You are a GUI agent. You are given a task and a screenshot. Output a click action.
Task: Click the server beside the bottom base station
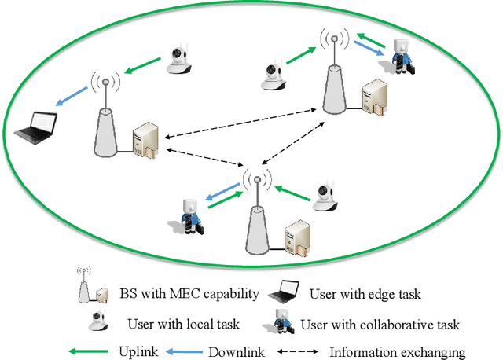point(297,237)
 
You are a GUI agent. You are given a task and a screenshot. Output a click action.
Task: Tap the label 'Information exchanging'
point(397,351)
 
